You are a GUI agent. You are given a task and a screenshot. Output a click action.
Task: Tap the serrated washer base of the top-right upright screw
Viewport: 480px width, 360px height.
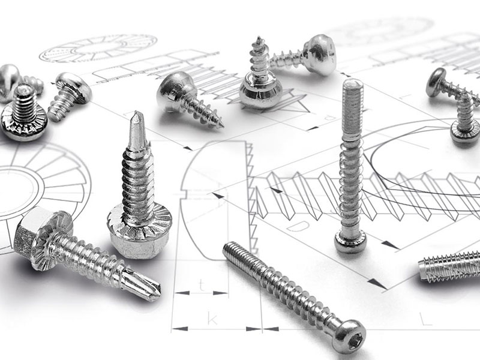point(466,132)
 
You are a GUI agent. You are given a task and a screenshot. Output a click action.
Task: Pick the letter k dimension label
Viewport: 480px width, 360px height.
point(211,317)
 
